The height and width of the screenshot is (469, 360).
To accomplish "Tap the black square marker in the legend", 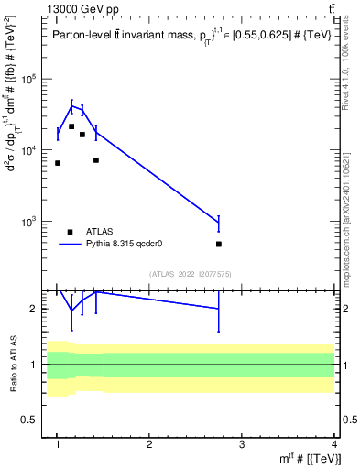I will point(71,232).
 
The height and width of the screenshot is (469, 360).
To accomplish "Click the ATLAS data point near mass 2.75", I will point(219,245).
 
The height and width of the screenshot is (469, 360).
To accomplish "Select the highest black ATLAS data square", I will point(71,126).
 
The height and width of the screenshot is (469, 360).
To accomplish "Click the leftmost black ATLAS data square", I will point(58,163).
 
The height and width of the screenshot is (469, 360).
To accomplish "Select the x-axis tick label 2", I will point(149,444).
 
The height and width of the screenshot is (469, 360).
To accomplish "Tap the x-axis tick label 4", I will point(334,444).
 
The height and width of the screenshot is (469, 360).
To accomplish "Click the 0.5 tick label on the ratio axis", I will point(34,420).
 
